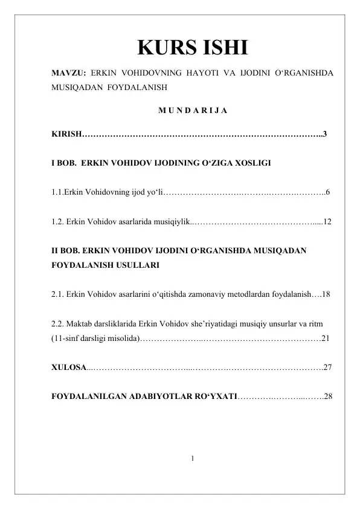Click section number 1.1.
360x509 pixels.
57,193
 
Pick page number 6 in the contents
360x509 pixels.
327,193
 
